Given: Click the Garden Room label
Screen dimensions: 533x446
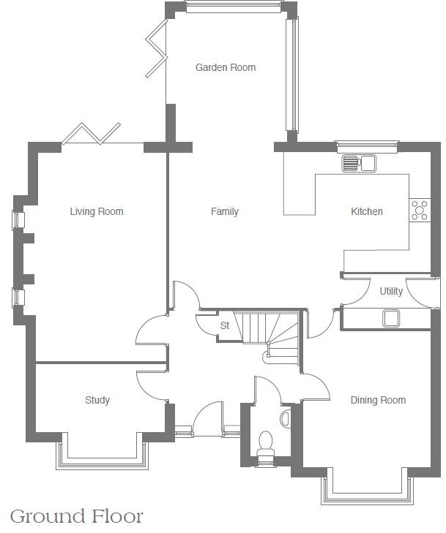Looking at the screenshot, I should pos(226,67).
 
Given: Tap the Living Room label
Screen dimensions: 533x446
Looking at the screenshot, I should pos(97,212).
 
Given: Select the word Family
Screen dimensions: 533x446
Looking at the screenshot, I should pos(225,212).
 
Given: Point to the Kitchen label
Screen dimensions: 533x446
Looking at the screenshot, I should pos(366,212).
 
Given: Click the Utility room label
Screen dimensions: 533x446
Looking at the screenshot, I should pos(391,291).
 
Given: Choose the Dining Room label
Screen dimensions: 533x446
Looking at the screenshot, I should pos(378,400).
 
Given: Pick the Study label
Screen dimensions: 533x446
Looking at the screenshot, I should pos(97,400).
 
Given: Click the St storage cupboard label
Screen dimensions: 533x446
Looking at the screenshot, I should pos(225,325).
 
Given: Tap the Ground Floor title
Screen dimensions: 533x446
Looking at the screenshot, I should pos(77,516).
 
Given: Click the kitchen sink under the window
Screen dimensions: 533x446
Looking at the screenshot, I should pos(358,163).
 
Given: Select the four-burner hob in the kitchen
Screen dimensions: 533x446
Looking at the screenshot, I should pos(420,210).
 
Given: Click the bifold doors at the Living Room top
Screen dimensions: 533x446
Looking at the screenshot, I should pos(91,135).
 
